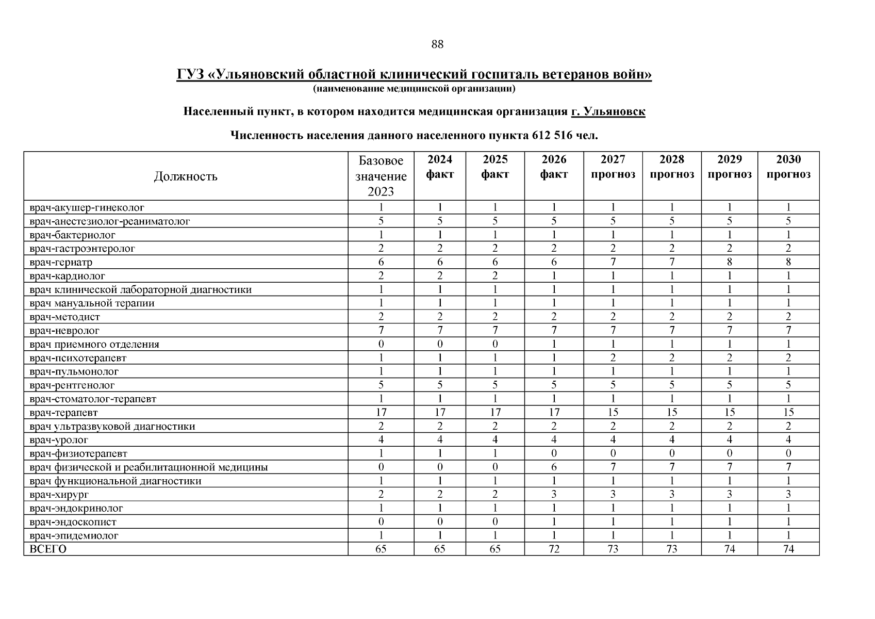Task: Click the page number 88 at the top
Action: point(437,44)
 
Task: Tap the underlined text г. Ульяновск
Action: point(608,111)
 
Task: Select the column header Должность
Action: point(186,176)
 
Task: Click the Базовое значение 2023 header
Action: point(381,176)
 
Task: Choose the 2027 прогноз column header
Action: point(613,167)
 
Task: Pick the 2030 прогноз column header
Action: point(788,167)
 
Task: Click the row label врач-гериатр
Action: point(61,262)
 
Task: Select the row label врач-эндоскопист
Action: point(73,522)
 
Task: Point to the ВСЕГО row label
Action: point(48,549)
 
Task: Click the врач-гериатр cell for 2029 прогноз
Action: point(729,262)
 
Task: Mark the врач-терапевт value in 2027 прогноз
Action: point(613,412)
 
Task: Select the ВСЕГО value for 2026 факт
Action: point(554,549)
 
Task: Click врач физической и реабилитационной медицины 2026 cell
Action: point(554,467)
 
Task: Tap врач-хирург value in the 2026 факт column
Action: point(554,495)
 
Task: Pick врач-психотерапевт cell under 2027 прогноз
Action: point(613,358)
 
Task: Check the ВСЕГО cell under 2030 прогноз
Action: point(788,549)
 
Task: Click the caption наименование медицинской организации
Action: point(414,89)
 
